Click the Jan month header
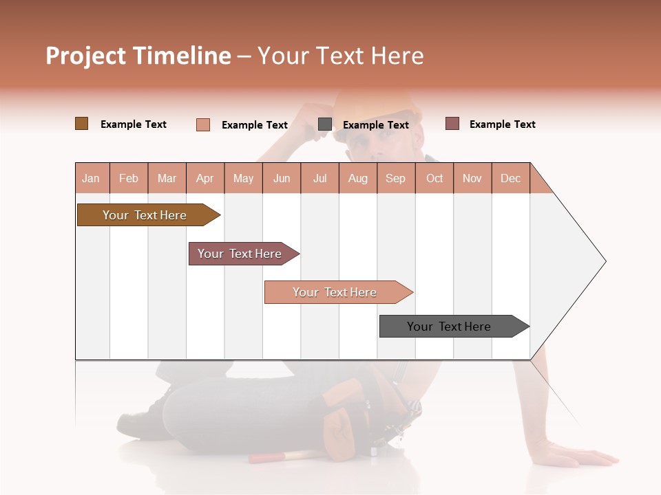(92, 178)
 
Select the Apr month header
(205, 178)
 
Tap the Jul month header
(319, 178)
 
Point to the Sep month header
(395, 178)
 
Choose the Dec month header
(510, 178)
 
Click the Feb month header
(129, 178)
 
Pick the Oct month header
(434, 178)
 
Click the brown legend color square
(81, 124)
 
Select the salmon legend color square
(202, 124)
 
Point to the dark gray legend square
(325, 124)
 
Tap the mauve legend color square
(452, 124)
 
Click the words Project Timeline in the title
(138, 56)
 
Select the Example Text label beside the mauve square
(502, 124)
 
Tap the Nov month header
(472, 178)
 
